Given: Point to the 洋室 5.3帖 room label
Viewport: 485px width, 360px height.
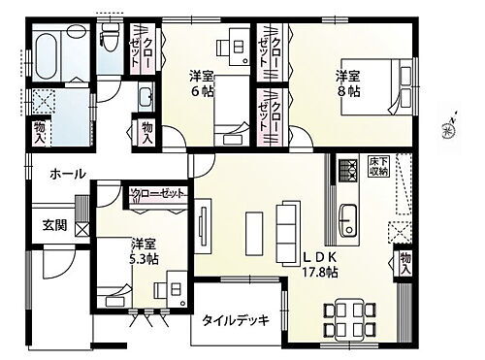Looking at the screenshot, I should click(x=119, y=251).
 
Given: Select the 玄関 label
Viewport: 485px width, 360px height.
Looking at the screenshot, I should click(x=53, y=225).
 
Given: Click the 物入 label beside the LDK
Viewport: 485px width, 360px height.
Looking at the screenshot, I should click(x=404, y=264).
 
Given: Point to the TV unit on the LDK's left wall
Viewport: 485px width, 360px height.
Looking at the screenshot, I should click(x=205, y=227).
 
